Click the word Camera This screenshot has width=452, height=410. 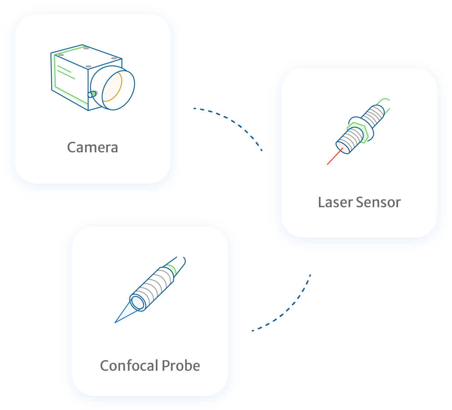click(93, 147)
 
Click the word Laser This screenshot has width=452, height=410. click(335, 202)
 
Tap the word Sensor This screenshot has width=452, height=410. click(379, 202)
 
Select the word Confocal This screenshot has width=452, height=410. click(129, 366)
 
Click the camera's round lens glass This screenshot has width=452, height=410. click(112, 87)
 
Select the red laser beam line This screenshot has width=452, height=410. click(334, 157)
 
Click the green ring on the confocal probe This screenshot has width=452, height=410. click(172, 269)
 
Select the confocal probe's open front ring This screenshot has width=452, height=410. click(137, 302)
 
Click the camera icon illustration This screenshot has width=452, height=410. click(92, 78)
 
